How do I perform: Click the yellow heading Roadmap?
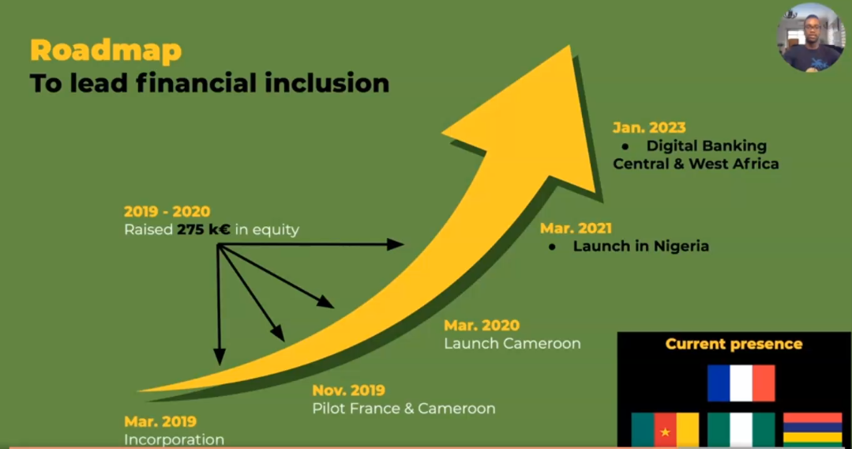(x=106, y=51)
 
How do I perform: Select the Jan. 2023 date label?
(x=649, y=127)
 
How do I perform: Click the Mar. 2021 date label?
(x=576, y=228)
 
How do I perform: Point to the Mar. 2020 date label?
(x=482, y=326)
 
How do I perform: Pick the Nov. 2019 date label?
(x=349, y=391)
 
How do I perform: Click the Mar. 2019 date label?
(x=160, y=421)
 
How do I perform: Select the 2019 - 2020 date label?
(x=167, y=211)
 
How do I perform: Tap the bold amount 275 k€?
(x=203, y=230)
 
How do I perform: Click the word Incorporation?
(x=174, y=440)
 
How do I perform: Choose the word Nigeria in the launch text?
(x=681, y=246)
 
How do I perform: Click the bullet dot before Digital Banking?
(x=625, y=146)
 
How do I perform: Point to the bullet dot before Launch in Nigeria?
(x=552, y=247)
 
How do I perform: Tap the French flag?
(x=741, y=383)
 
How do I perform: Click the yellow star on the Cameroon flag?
(x=665, y=432)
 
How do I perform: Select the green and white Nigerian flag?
(x=741, y=430)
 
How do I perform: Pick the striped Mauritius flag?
(x=813, y=430)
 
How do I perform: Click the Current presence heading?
(x=734, y=344)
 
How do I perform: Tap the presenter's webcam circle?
(x=811, y=37)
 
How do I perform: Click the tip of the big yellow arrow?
(x=570, y=46)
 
